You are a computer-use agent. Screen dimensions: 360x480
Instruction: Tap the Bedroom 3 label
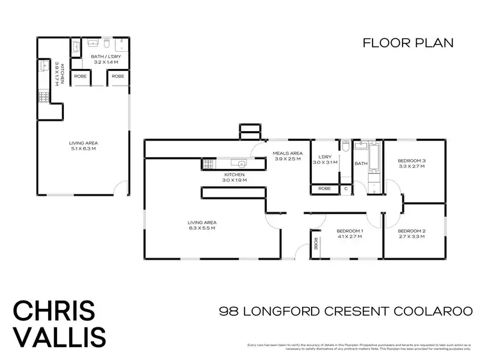coord(412,160)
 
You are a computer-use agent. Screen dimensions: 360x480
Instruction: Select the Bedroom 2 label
coord(412,231)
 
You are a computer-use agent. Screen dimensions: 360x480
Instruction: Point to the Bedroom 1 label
coord(350,231)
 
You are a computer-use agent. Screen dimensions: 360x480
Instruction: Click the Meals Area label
coord(287,153)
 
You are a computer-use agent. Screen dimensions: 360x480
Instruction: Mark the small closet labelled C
coord(346,189)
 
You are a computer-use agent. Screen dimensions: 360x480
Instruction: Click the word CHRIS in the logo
coord(54,311)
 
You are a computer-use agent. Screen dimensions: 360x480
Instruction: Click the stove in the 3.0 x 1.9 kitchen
coord(209,164)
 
